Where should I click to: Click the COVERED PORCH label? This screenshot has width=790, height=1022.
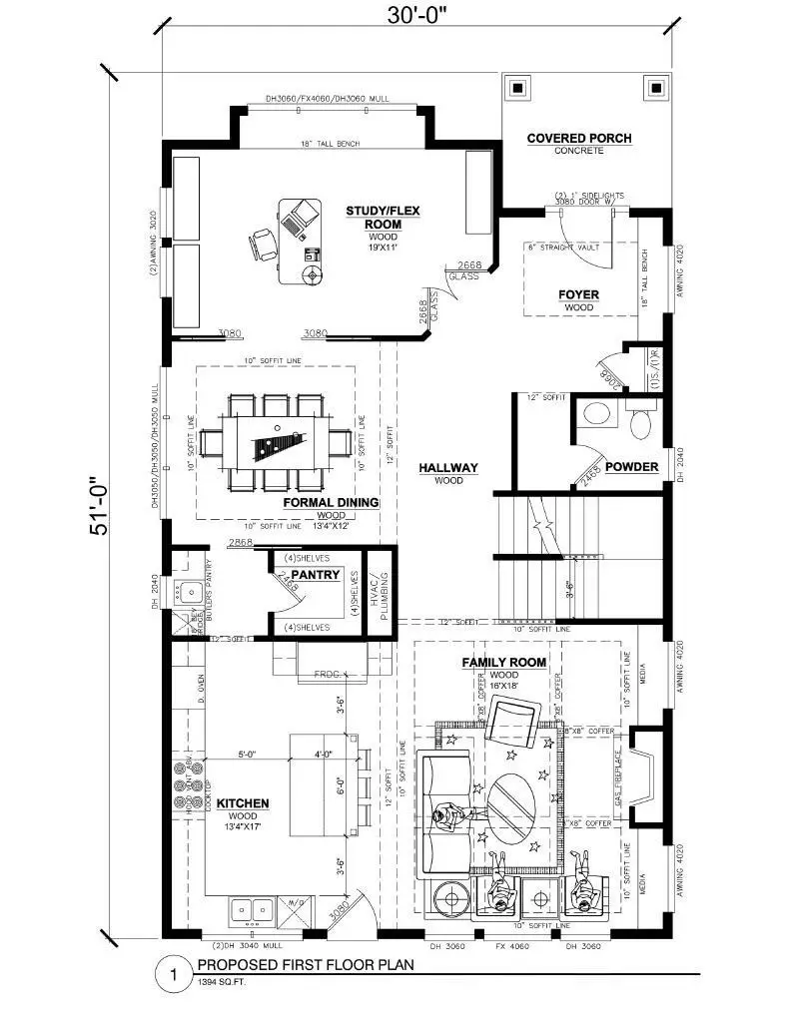tap(579, 138)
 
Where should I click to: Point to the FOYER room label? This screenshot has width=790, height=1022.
tap(578, 294)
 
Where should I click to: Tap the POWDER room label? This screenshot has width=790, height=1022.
tap(631, 466)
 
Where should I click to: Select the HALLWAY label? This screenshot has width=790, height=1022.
tap(448, 467)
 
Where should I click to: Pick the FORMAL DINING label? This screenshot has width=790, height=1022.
tap(331, 502)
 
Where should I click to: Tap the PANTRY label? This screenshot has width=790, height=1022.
tap(316, 575)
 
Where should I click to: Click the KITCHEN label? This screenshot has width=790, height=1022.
tap(243, 802)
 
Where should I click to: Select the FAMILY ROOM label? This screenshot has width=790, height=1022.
tap(503, 662)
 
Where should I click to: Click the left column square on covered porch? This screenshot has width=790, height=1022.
tap(518, 88)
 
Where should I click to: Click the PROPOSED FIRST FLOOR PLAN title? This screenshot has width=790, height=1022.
tap(305, 965)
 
